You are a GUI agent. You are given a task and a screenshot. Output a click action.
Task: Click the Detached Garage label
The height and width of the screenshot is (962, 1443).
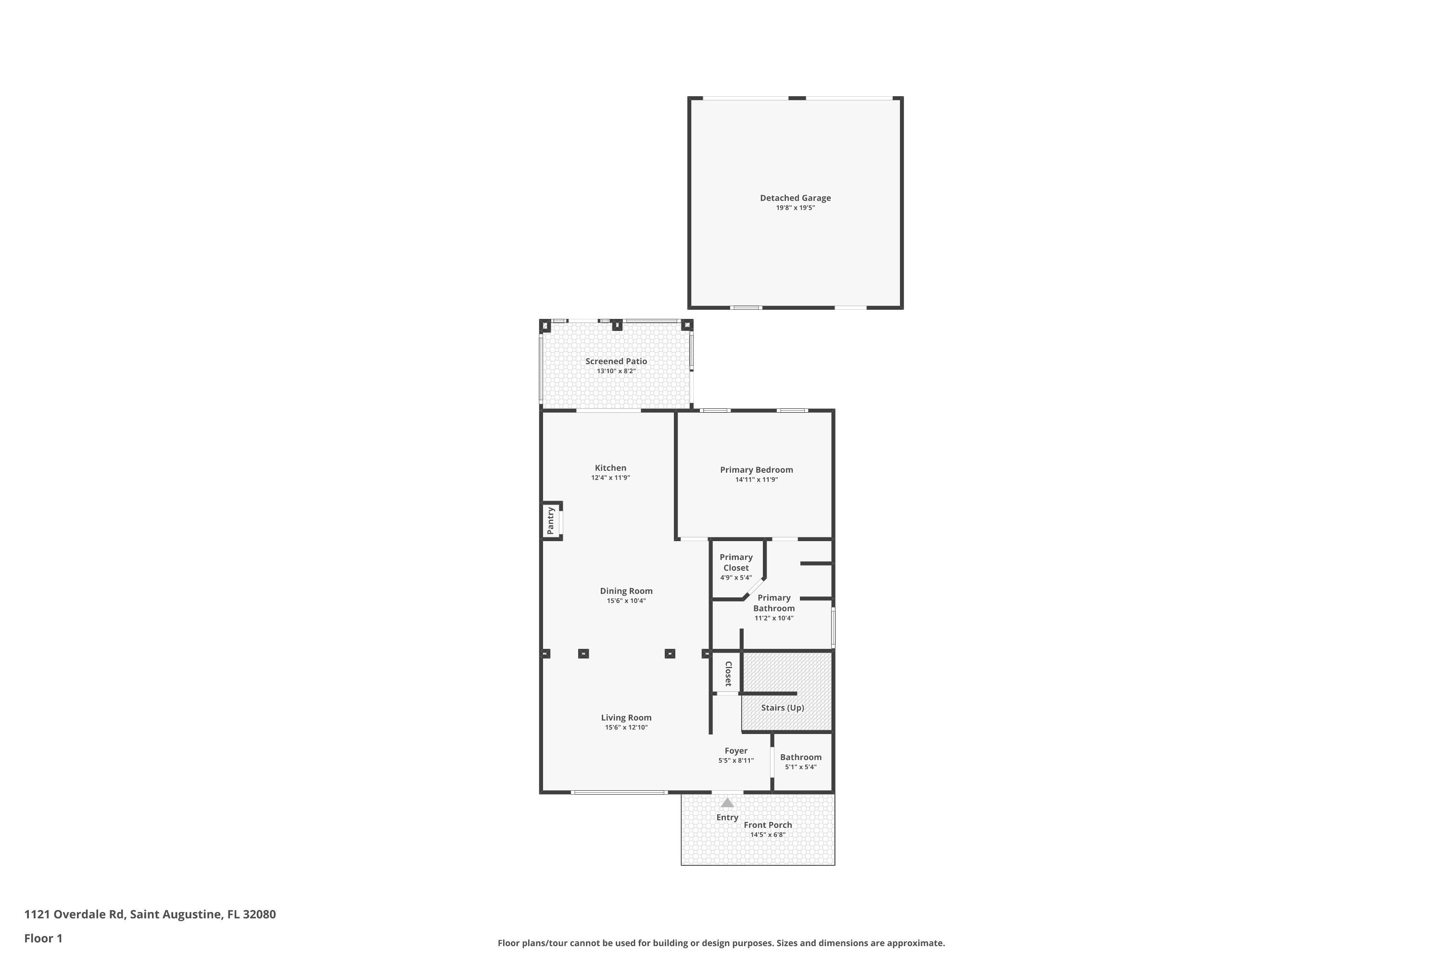click(795, 198)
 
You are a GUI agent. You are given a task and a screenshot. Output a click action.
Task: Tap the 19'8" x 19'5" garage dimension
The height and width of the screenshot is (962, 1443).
click(795, 208)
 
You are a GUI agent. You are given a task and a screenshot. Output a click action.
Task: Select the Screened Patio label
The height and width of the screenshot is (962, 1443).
click(616, 361)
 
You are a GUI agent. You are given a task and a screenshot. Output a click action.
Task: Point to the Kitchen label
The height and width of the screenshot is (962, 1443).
click(610, 468)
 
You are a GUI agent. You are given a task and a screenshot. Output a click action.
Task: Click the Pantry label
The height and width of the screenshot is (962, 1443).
click(550, 520)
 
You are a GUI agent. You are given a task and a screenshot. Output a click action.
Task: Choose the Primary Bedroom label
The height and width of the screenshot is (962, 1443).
click(757, 470)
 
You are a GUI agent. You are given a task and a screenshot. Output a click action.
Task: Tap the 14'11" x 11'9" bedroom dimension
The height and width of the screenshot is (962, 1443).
click(757, 480)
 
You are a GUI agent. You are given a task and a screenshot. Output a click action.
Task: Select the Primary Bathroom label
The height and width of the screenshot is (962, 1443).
click(773, 603)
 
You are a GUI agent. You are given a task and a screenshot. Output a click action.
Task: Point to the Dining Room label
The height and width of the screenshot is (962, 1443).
click(626, 592)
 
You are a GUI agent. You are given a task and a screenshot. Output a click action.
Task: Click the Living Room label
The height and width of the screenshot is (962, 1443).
click(626, 718)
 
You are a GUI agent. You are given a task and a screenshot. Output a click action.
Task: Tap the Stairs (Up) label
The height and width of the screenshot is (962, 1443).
click(782, 708)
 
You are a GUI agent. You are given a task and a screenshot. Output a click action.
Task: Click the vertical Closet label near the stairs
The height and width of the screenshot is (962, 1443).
click(728, 674)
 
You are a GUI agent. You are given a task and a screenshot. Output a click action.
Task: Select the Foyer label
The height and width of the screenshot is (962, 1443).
click(735, 751)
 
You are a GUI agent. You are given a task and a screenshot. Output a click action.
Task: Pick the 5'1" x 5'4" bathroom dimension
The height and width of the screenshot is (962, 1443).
click(801, 767)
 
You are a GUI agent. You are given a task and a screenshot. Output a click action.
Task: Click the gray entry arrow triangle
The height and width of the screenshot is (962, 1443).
click(727, 802)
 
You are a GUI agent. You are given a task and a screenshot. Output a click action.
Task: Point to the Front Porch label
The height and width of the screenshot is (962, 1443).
click(768, 825)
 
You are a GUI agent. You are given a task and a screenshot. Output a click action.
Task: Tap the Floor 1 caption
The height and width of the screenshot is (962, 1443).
click(43, 938)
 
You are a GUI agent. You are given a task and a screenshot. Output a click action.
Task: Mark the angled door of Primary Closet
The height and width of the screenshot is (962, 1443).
click(753, 588)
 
